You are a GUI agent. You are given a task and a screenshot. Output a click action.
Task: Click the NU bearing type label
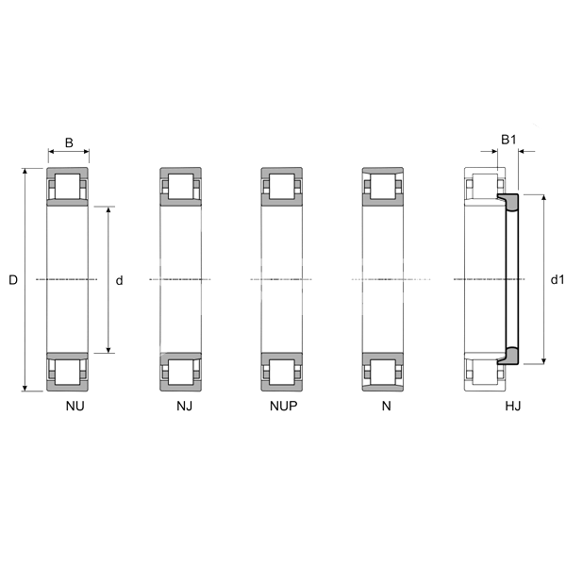(x=75, y=406)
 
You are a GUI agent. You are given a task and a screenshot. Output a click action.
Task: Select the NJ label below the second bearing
(x=185, y=406)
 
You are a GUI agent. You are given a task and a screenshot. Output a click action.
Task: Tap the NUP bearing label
(x=284, y=406)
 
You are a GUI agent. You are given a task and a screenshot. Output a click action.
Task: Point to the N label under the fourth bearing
(x=386, y=406)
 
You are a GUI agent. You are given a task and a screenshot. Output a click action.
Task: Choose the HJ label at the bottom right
(x=513, y=406)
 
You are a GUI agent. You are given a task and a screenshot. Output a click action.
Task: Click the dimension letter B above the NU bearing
(x=69, y=143)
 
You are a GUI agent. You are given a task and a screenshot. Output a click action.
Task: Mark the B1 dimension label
(x=508, y=140)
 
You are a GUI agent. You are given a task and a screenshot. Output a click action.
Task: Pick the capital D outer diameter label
(x=13, y=280)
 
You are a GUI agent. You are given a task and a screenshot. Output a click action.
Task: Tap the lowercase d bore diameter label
(x=119, y=280)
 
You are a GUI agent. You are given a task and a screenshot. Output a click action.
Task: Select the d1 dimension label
(x=557, y=279)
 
